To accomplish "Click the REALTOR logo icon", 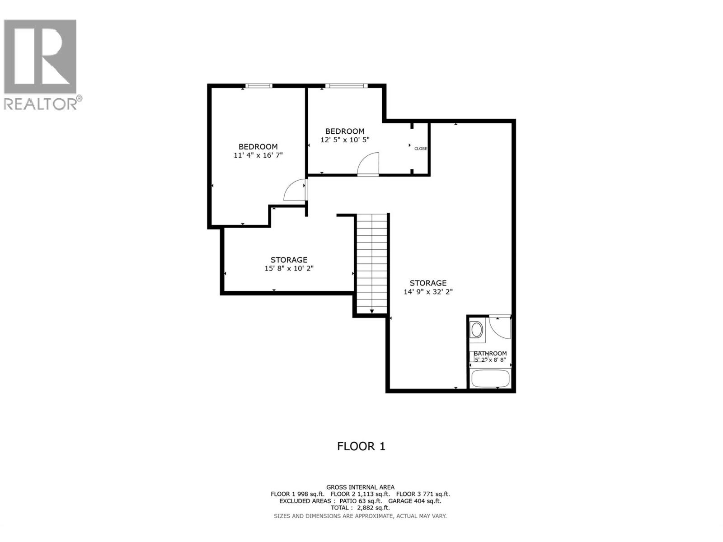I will (x=40, y=56).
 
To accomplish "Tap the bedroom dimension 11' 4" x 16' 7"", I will (x=258, y=155).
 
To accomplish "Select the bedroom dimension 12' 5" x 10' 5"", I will (x=345, y=140).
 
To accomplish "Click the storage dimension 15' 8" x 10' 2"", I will (x=289, y=268).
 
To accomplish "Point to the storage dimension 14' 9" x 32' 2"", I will (x=428, y=292).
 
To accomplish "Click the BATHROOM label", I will (x=490, y=353).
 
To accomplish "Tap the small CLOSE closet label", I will (x=420, y=149).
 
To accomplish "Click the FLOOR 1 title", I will (x=361, y=446).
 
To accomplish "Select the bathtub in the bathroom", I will (x=490, y=378).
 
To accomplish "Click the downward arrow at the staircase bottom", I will (x=372, y=311).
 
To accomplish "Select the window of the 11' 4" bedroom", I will (x=259, y=85).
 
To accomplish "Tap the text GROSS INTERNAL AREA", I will (x=360, y=487).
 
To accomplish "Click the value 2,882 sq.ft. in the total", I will (x=373, y=508).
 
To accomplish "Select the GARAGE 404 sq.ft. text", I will (x=415, y=501).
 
